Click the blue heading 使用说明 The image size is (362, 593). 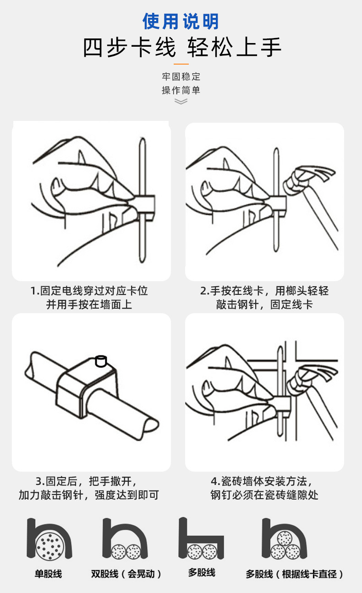(181, 21)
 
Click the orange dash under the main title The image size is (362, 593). (181, 64)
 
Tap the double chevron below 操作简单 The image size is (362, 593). (181, 101)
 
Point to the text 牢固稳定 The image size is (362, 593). (181, 76)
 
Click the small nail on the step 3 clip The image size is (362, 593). (101, 361)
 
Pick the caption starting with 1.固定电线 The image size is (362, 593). (89, 298)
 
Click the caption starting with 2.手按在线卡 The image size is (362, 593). (264, 298)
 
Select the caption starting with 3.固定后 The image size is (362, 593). (89, 488)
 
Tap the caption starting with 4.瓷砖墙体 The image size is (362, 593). (264, 488)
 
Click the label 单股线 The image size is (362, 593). (48, 574)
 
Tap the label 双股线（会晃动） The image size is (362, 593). (126, 574)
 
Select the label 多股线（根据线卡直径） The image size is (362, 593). (294, 574)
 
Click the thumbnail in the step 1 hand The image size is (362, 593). (57, 185)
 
